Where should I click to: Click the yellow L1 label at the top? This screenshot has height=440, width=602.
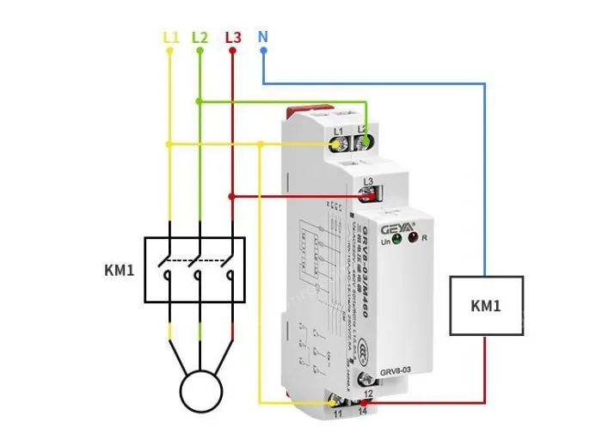(x=170, y=38)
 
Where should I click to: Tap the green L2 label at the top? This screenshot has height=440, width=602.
(x=200, y=38)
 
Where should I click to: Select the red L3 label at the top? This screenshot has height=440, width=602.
(x=232, y=38)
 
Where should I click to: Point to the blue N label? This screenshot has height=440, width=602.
(x=262, y=37)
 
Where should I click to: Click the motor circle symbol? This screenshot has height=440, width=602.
(x=201, y=391)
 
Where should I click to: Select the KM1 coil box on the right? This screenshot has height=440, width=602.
(x=486, y=305)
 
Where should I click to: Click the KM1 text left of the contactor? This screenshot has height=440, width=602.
(x=120, y=271)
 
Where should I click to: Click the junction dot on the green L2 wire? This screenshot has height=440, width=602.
(x=200, y=101)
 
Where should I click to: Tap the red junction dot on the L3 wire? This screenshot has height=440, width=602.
(x=232, y=197)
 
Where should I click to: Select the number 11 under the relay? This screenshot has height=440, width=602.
(x=336, y=413)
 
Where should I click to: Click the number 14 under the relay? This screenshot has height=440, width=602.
(x=367, y=413)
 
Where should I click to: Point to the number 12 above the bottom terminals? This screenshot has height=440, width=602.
(x=368, y=392)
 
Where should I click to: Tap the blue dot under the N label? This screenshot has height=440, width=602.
(x=262, y=50)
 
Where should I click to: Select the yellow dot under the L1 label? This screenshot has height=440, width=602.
(x=170, y=50)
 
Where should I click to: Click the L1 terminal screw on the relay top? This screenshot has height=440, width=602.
(x=336, y=144)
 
